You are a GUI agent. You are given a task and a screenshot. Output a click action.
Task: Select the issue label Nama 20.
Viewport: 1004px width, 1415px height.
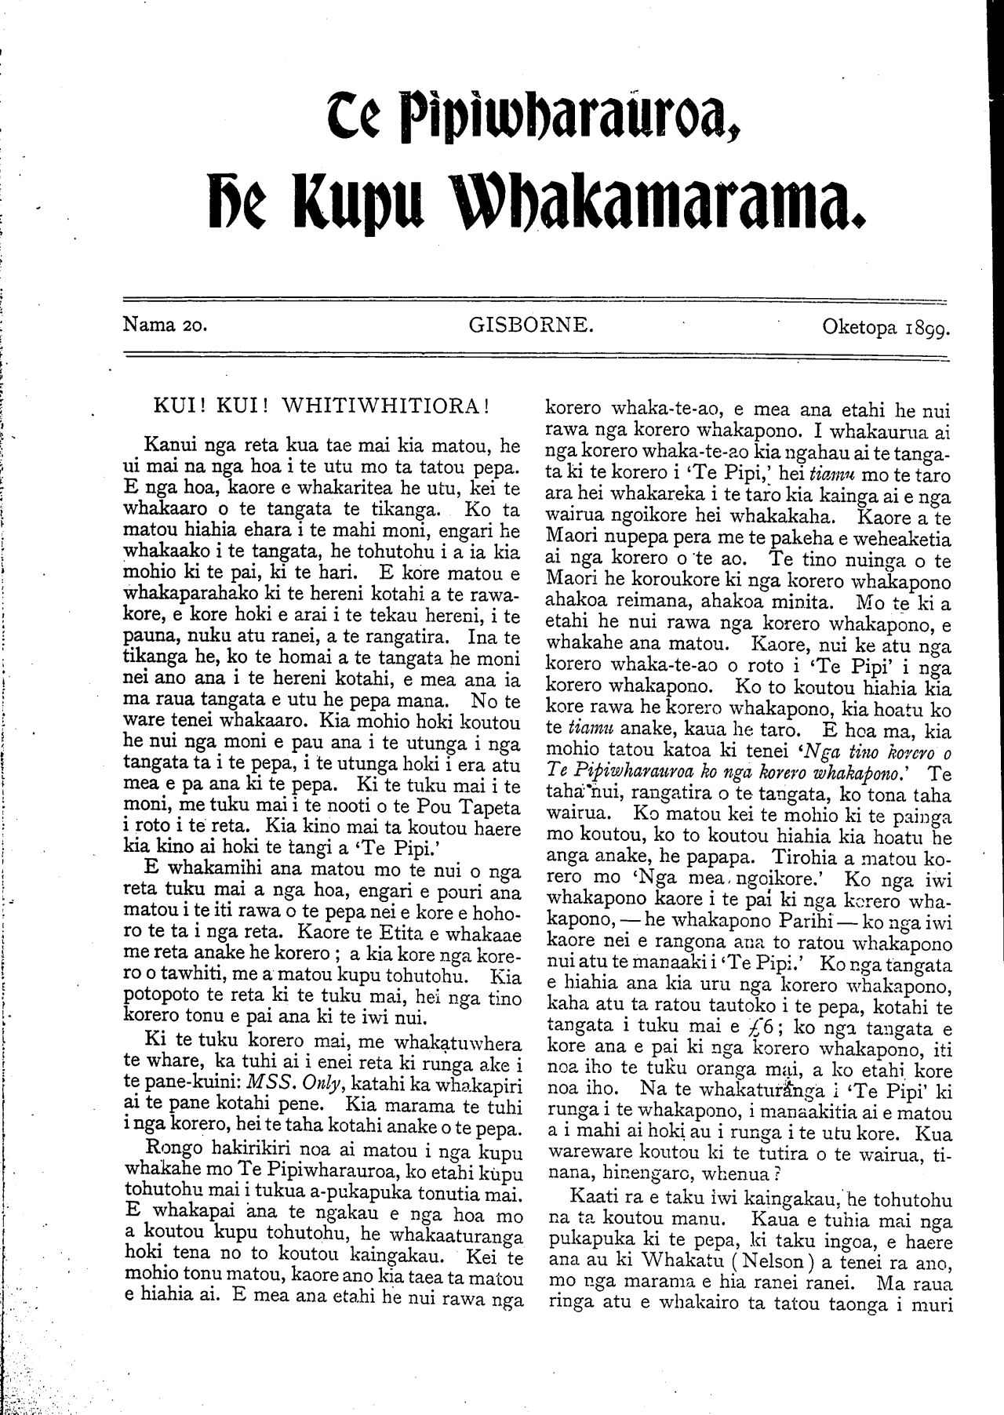click(165, 325)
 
